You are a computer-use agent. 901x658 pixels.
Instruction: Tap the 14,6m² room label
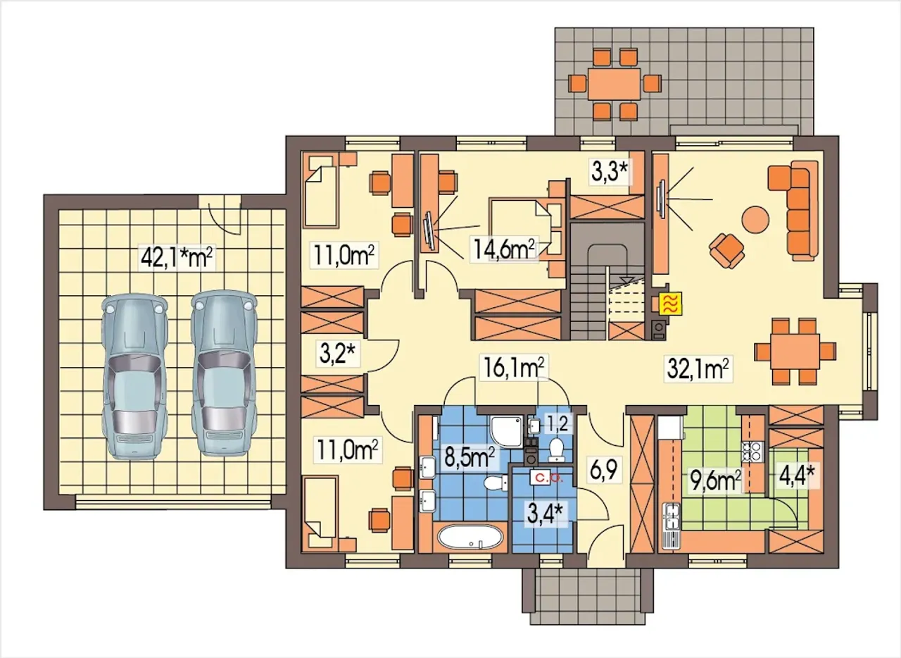(505, 249)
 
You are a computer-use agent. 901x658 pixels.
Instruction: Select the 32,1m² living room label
(698, 368)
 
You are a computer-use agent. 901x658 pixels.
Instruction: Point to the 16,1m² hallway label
(513, 367)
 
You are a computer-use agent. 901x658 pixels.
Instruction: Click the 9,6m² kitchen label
(716, 480)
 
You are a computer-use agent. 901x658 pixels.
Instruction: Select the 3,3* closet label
(609, 171)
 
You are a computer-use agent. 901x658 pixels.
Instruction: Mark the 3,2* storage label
(337, 354)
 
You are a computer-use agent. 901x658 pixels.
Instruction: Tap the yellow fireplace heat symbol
(671, 303)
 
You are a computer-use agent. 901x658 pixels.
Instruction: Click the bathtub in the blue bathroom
(470, 537)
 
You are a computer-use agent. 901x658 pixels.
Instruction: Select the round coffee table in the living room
(755, 220)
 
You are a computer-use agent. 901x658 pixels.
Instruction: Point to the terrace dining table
(614, 84)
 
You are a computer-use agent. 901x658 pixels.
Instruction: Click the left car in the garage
(134, 376)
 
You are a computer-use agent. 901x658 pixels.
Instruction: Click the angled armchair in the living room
(726, 251)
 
